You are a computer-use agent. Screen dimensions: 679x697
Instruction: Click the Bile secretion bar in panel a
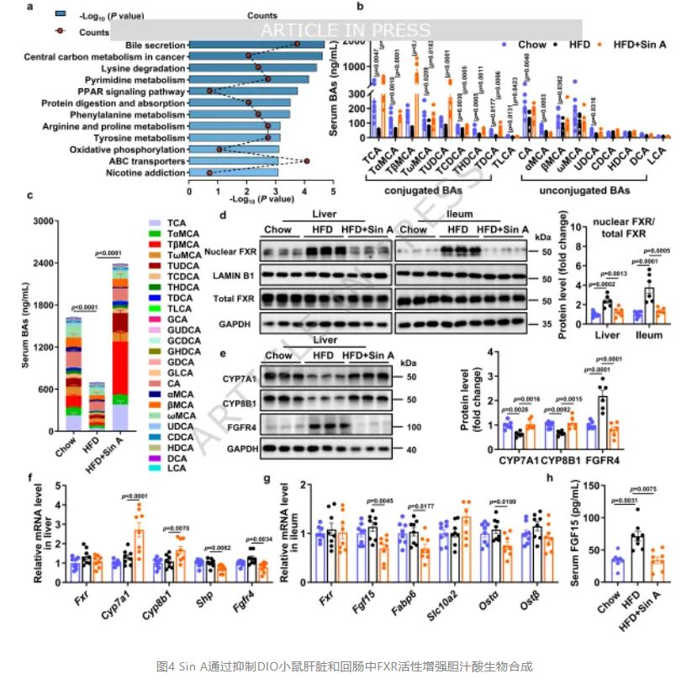(x=256, y=44)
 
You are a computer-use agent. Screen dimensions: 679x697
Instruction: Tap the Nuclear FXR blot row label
(x=230, y=251)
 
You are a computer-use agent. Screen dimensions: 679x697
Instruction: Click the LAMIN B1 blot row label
(x=234, y=274)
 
